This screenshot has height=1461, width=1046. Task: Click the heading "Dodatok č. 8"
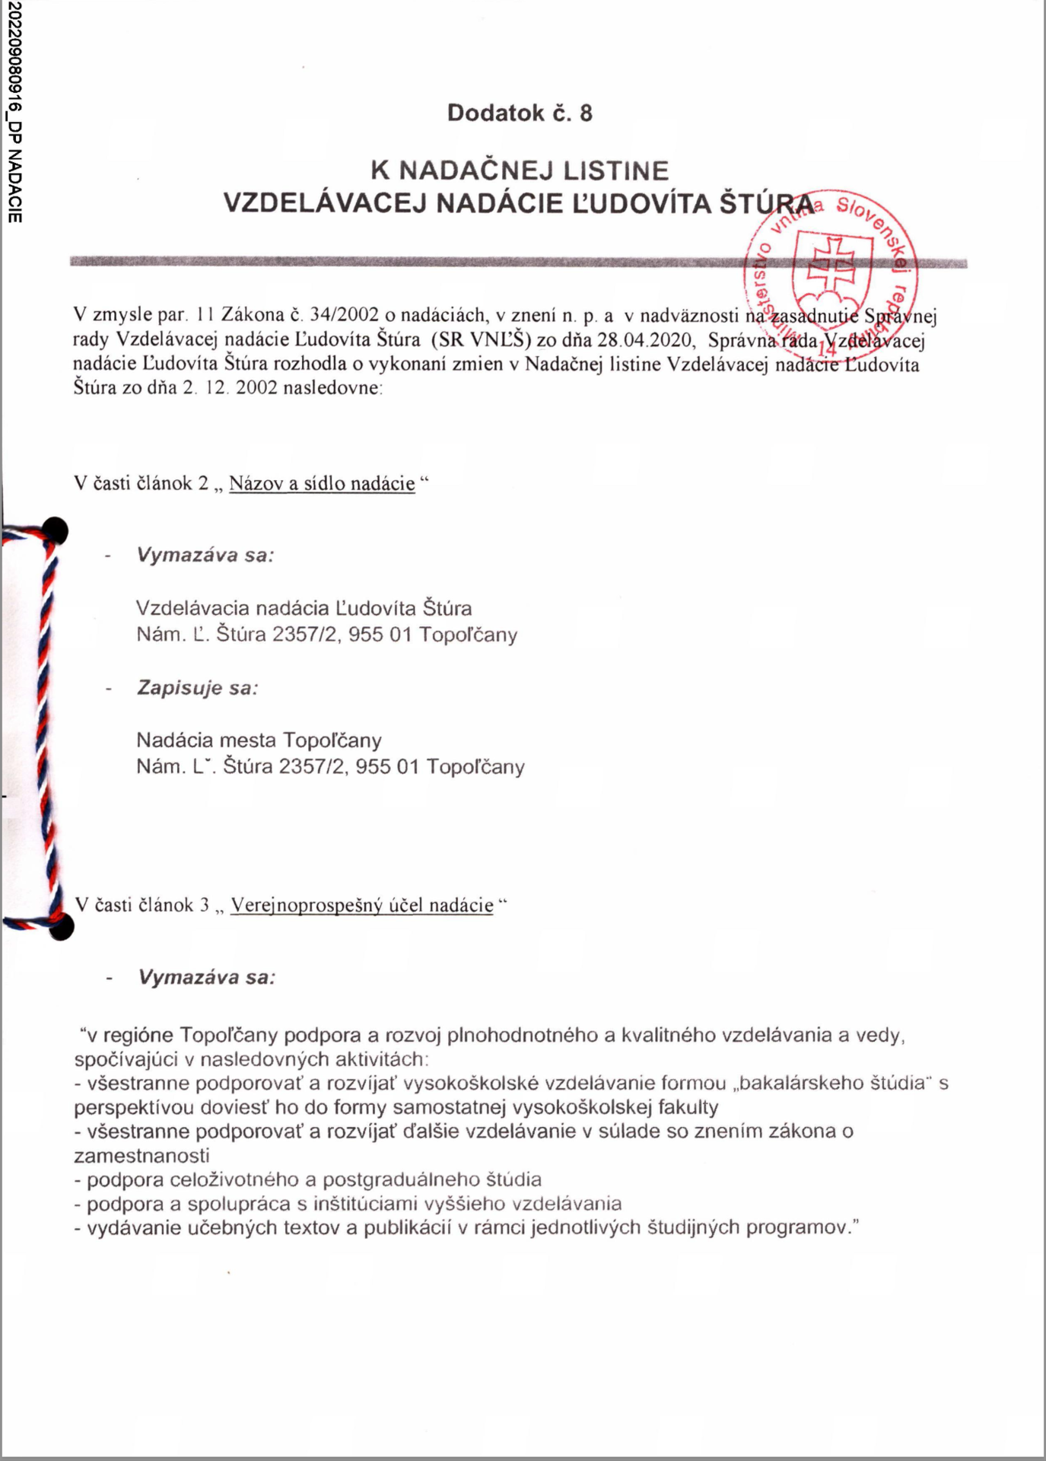520,113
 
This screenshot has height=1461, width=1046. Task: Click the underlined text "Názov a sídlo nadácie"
322,484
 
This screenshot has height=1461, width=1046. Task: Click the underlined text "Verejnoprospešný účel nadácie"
362,906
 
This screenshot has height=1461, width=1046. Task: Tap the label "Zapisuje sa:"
198,688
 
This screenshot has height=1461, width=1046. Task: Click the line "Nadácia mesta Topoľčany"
259,740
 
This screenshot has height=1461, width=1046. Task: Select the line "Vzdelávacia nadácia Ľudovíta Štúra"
304,608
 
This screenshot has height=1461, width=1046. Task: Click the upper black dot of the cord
54,530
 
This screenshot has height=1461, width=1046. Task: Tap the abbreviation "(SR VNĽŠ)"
481,339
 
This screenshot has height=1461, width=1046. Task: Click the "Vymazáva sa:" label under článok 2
205,555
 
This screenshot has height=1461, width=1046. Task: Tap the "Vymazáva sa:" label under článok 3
206,977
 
